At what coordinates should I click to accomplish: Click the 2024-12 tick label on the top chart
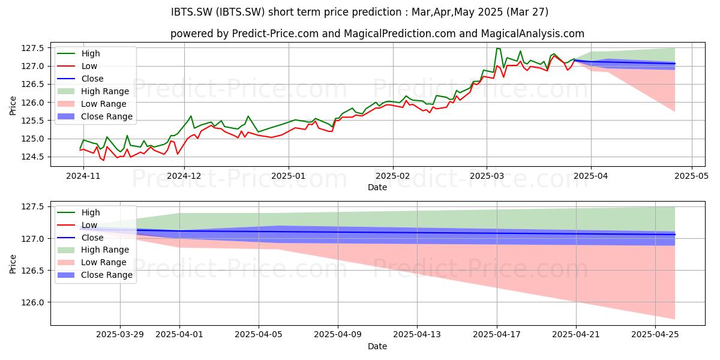click(x=184, y=176)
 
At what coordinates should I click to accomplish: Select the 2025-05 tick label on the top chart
click(x=691, y=176)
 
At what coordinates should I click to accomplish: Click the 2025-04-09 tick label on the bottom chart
click(x=337, y=335)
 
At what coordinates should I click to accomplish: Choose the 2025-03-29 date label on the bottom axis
click(x=120, y=335)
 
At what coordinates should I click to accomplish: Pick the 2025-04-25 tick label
click(x=655, y=335)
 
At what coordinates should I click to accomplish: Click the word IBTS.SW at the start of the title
click(x=191, y=12)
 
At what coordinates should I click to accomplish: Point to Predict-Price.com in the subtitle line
click(x=275, y=34)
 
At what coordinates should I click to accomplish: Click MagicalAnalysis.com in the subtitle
click(x=532, y=34)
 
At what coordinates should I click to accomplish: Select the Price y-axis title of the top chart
click(x=13, y=106)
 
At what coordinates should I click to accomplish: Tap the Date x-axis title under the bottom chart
click(x=377, y=346)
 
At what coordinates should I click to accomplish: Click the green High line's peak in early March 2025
click(x=497, y=48)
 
